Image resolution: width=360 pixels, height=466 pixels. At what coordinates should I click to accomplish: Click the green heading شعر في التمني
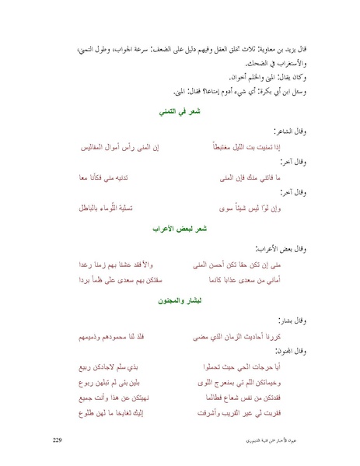(180, 112)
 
